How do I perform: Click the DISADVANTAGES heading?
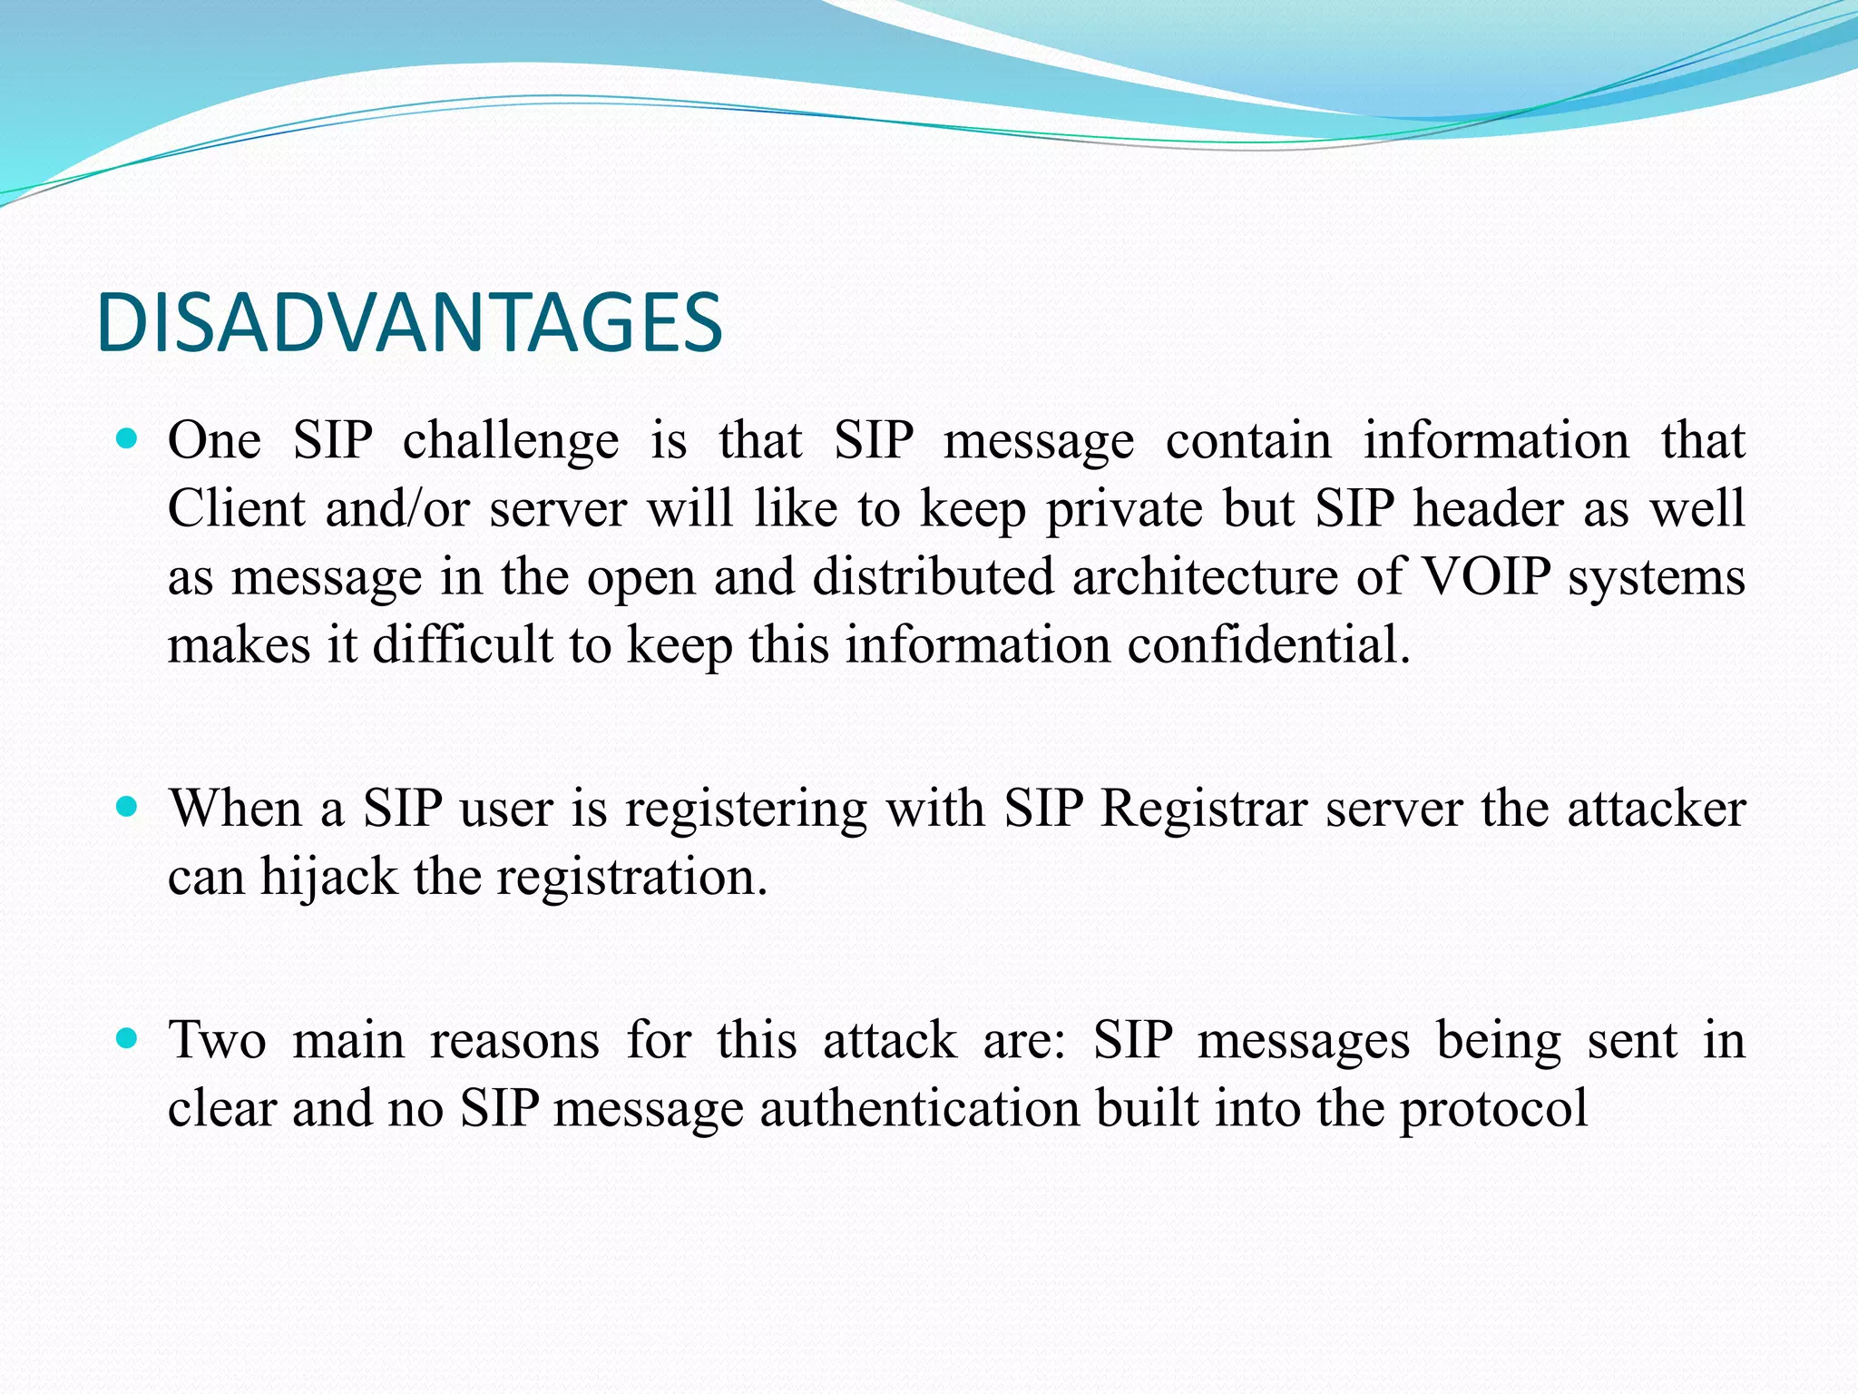[409, 323]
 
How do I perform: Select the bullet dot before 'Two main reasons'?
[127, 1038]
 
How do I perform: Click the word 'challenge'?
[511, 442]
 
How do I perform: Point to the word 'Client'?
[236, 508]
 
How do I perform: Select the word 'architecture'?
[1205, 578]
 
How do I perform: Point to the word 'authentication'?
[918, 1108]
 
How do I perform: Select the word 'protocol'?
[1493, 1110]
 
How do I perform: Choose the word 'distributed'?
[933, 577]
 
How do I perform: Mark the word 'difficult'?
[463, 645]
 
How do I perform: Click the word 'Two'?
[218, 1040]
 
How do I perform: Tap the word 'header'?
[1488, 508]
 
